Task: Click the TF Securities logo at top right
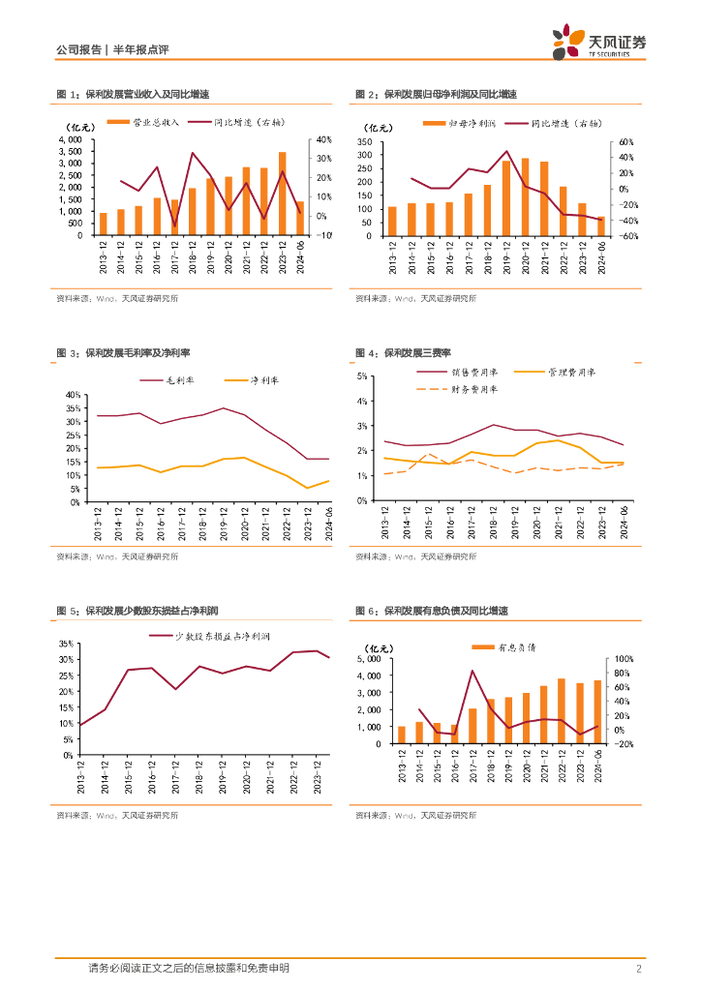tap(598, 40)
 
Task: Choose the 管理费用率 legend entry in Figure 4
tap(571, 372)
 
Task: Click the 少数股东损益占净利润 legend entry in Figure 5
tap(227, 636)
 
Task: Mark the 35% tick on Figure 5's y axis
tap(68, 644)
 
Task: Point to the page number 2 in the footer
tap(640, 969)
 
